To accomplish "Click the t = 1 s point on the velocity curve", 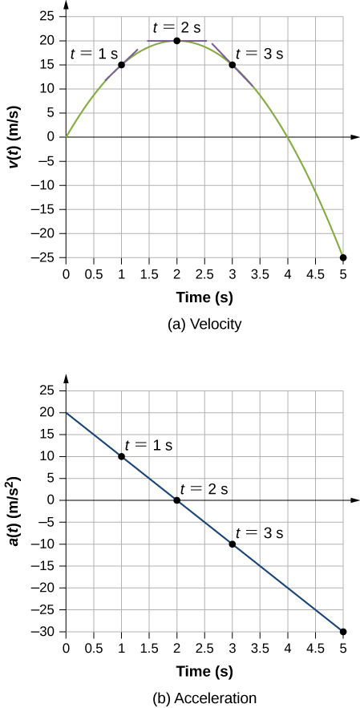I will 121,65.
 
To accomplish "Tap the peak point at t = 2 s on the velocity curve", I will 176,40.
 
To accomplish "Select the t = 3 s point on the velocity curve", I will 233,65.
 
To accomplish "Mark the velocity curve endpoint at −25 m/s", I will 343,257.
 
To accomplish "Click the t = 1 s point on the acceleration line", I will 121,456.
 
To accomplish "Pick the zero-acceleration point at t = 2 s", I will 176,500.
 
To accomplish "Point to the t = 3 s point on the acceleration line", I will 233,544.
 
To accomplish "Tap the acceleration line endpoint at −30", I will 343,632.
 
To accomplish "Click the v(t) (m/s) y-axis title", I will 15,138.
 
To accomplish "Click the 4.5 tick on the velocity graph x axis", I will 316,273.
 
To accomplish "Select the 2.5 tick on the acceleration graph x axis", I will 204,648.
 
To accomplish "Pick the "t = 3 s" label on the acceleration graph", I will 261,532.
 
